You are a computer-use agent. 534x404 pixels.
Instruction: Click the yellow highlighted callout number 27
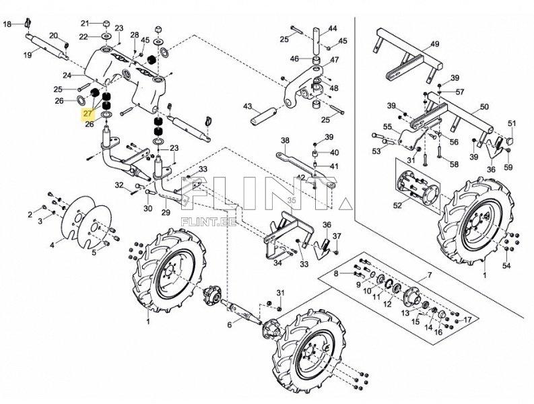click(x=88, y=114)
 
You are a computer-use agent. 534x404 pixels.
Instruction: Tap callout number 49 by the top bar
click(x=434, y=44)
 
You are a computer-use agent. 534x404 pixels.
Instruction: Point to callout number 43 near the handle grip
click(x=247, y=107)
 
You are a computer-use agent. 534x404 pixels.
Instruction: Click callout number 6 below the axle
click(x=229, y=325)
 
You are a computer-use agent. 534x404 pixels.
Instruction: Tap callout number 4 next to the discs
click(x=52, y=245)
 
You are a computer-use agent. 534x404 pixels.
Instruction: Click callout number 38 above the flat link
click(x=285, y=141)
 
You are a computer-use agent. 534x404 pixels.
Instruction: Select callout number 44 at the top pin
click(x=333, y=28)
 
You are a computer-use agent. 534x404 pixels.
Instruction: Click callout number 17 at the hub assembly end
click(x=469, y=318)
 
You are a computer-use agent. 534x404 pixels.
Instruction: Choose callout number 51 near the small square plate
click(x=512, y=123)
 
